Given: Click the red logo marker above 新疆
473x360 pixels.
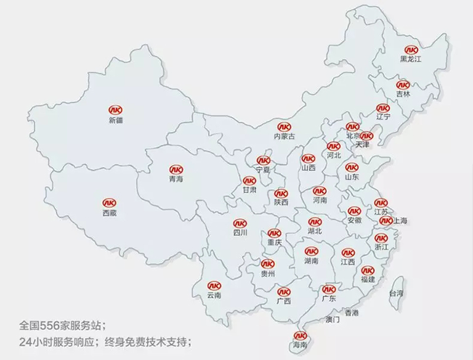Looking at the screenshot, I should point(115,108).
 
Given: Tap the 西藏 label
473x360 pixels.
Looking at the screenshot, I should point(110,213).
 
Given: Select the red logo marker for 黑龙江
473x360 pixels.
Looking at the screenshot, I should point(410,49).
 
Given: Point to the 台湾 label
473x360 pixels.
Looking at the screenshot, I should point(395,293).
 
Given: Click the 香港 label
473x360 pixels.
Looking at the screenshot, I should point(352,313).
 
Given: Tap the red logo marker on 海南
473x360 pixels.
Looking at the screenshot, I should point(300,336).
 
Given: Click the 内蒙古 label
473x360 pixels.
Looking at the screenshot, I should point(285,136).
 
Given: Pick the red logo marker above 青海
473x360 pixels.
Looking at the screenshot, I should point(176,168).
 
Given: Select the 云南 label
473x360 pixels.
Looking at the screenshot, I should point(214,296).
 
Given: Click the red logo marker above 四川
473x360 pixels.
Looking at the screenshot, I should point(240,223).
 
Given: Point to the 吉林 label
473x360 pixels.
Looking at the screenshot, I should point(403,94).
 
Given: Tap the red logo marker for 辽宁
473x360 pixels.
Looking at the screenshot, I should point(383,108).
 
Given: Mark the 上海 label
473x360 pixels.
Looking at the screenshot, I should point(400,221).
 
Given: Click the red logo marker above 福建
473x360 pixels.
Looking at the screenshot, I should point(368,269).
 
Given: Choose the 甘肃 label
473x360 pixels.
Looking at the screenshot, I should point(249,190).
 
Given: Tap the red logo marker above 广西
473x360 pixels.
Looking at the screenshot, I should point(284,291).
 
